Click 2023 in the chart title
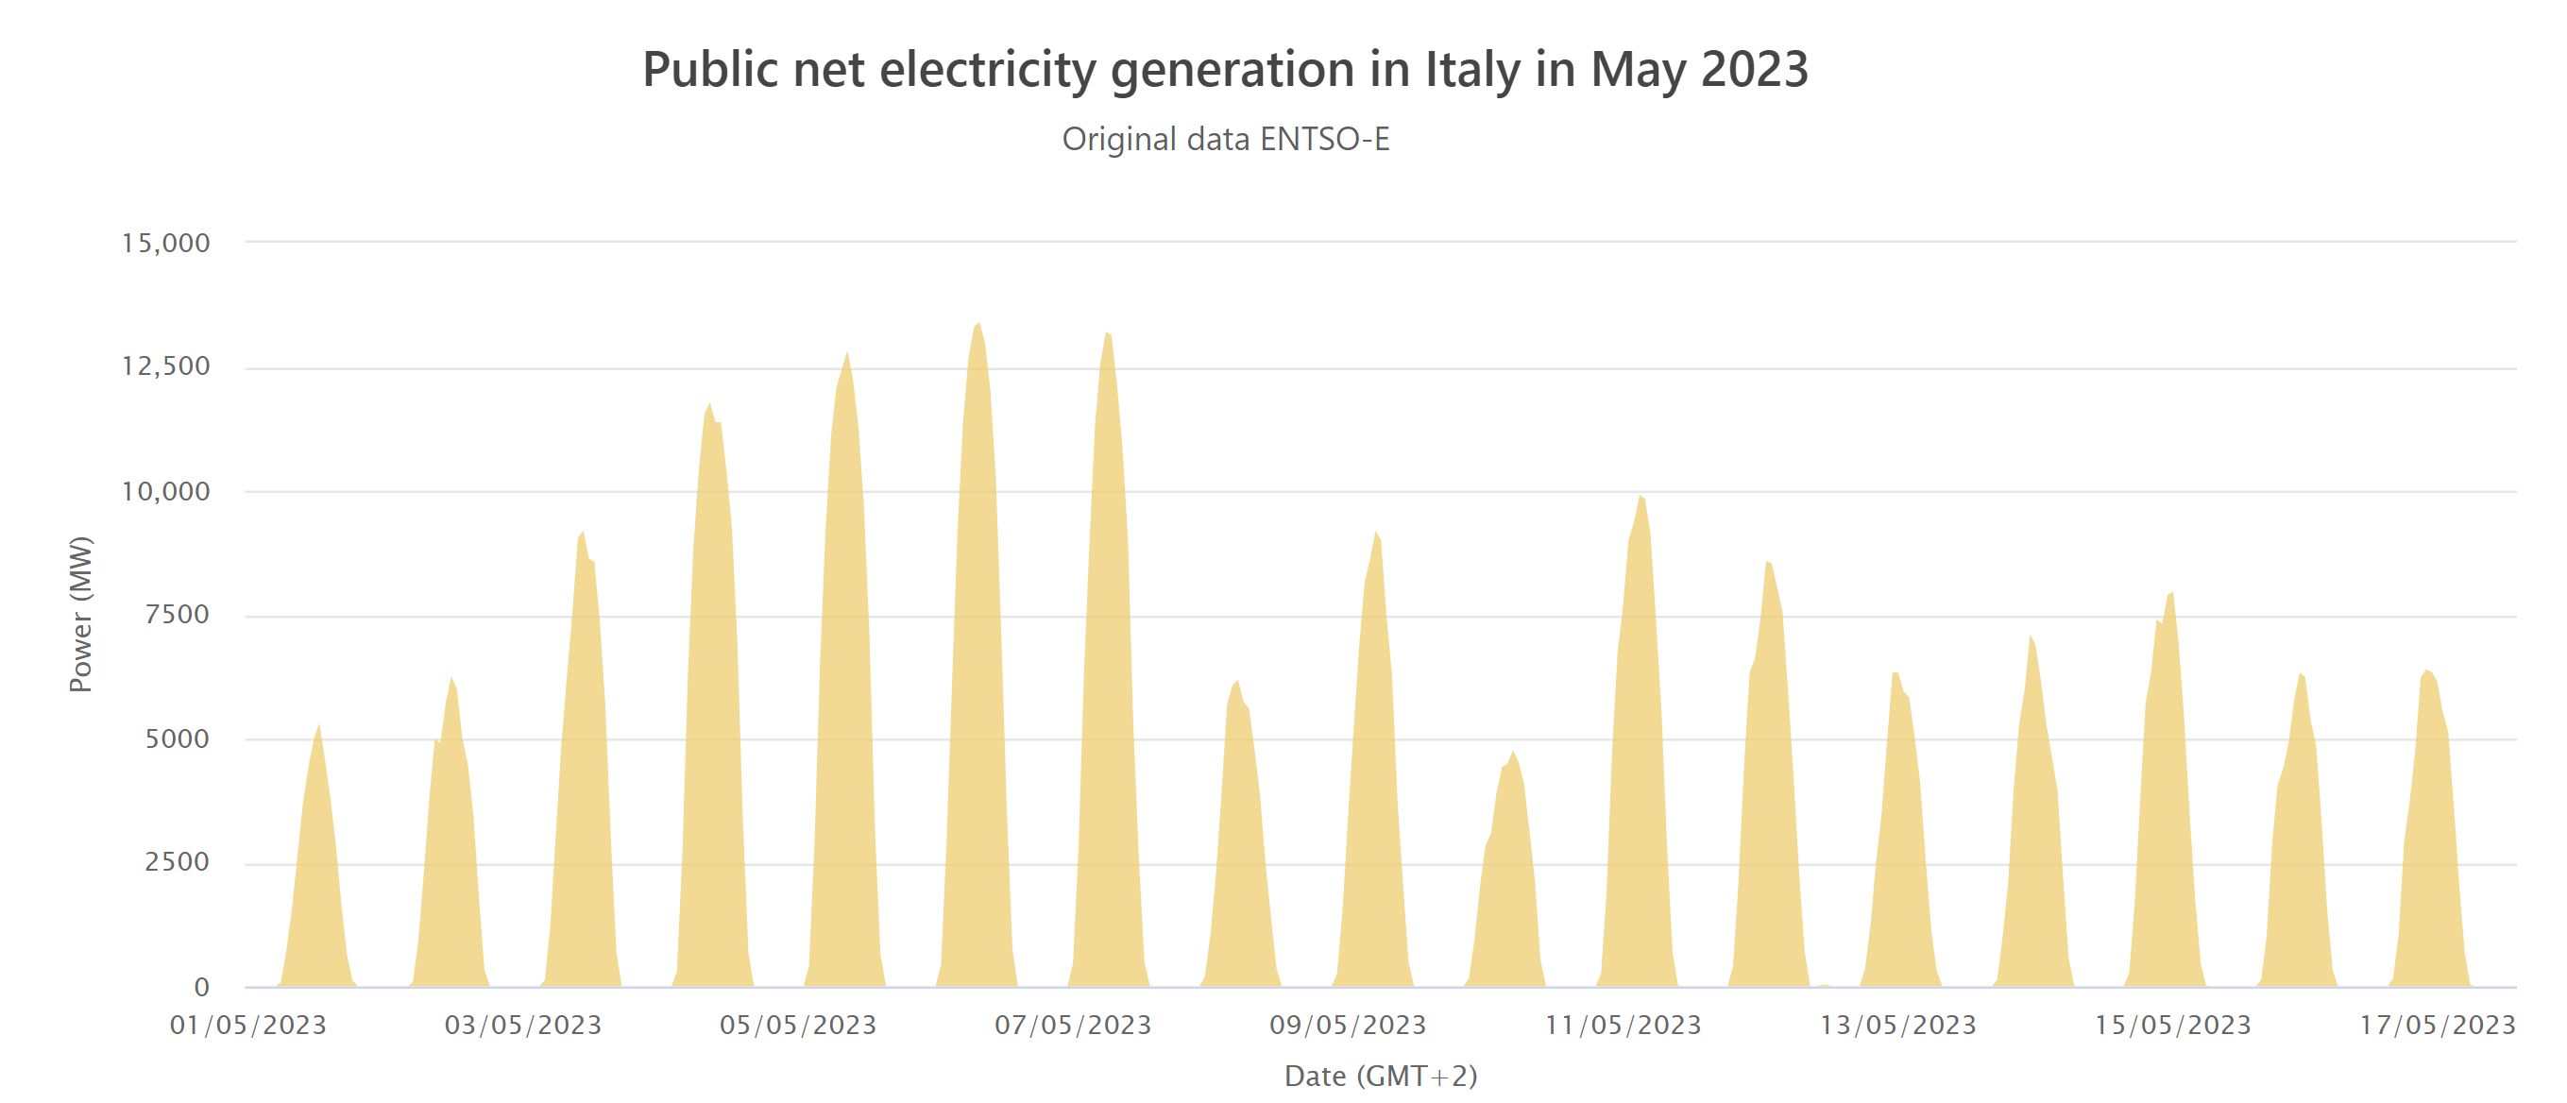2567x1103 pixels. pos(1753,70)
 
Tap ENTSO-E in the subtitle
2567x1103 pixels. pos(1324,139)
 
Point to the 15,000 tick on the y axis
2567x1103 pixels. pos(165,243)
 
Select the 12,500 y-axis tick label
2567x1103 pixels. pos(165,366)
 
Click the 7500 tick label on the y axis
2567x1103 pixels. pos(177,615)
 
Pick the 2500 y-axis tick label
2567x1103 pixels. pos(177,862)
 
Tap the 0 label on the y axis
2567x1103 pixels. pos(201,988)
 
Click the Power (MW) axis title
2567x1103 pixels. pos(80,614)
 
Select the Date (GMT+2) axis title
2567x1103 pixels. pos(1380,1077)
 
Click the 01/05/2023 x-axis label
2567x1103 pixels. pos(248,1026)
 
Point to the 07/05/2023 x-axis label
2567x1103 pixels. pos(1073,1026)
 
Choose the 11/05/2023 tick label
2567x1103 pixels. pos(1623,1026)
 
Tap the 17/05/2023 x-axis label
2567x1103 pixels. pos(2438,1026)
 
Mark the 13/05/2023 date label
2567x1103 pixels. pos(1898,1026)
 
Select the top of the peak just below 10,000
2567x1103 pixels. pos(1640,496)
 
